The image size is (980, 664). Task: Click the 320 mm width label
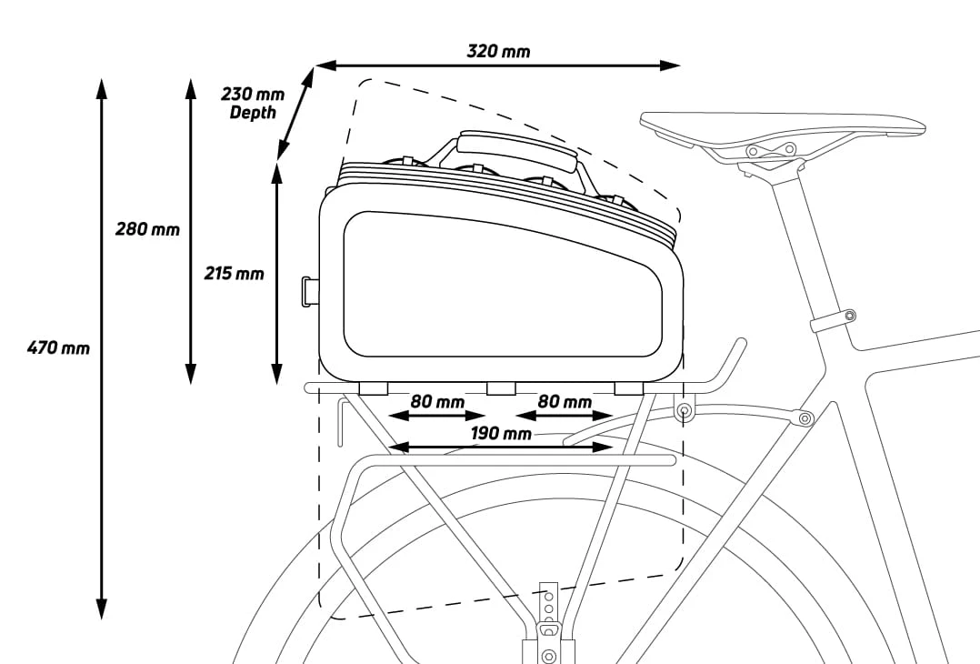[498, 51]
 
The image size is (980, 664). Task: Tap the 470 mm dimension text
[59, 347]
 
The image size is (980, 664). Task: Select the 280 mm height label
[147, 229]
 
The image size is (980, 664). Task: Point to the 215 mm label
[235, 274]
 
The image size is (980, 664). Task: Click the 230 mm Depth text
[253, 103]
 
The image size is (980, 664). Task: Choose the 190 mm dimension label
[501, 434]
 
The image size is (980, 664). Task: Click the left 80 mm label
[437, 401]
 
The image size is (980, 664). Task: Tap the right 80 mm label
[565, 401]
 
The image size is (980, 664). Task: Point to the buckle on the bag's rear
[309, 292]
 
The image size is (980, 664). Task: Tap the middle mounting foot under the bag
[501, 389]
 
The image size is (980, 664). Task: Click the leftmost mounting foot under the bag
[374, 389]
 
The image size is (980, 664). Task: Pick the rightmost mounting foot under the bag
[629, 389]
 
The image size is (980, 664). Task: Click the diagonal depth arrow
[295, 114]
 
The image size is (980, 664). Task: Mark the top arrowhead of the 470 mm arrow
[101, 89]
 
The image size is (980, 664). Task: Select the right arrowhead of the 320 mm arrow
[670, 65]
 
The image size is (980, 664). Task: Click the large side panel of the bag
[503, 285]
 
